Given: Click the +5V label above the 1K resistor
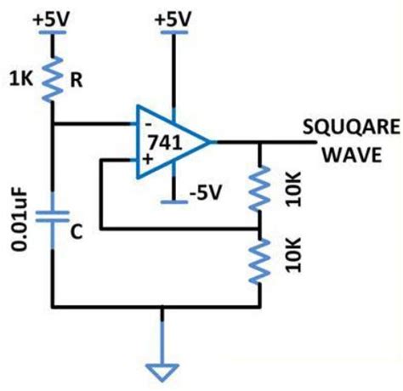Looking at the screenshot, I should (53, 17).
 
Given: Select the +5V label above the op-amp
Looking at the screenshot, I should (174, 17).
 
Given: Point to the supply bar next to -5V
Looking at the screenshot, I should (174, 202).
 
